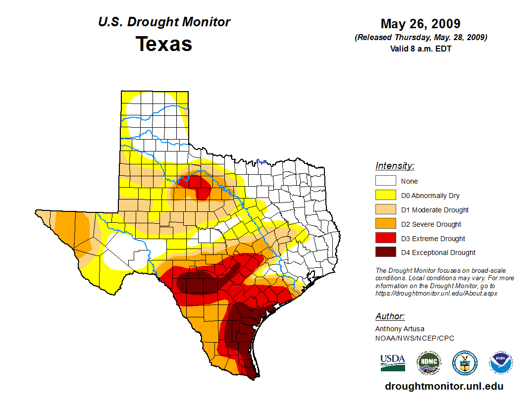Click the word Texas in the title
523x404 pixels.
click(164, 44)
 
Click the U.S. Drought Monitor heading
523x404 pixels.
click(164, 22)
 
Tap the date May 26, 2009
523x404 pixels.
click(420, 24)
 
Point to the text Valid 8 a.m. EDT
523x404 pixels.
click(420, 49)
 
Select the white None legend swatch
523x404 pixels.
click(386, 181)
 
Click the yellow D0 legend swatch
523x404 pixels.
click(386, 196)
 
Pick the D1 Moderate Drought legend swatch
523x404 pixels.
click(386, 210)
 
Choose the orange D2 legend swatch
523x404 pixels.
click(386, 224)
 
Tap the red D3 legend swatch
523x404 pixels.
click(386, 239)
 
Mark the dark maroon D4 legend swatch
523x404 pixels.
click(386, 252)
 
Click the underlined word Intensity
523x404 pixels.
click(395, 166)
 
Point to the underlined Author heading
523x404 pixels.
click(390, 316)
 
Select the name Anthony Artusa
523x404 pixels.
click(400, 329)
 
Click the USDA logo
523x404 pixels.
click(393, 362)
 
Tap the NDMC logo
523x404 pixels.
click(428, 362)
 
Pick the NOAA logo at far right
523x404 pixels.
click(501, 362)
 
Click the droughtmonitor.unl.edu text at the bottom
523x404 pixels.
click(444, 387)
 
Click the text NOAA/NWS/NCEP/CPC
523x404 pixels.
click(415, 338)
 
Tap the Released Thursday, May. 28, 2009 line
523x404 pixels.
click(420, 38)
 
